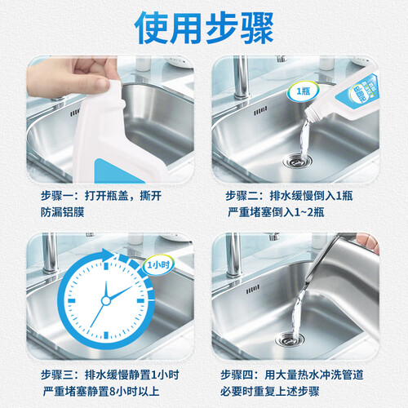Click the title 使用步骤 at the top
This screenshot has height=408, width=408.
(x=204, y=28)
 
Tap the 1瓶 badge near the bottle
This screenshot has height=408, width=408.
(x=303, y=91)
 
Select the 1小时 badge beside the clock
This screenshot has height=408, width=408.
(x=158, y=264)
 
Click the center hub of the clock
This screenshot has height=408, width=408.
(x=106, y=300)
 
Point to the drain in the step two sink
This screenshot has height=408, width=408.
(x=297, y=161)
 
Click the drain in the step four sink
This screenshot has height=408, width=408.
(x=290, y=339)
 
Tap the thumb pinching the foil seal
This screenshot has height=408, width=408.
(x=95, y=84)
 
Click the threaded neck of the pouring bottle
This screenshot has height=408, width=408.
(x=313, y=113)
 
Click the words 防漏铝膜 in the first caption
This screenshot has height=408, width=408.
(x=63, y=212)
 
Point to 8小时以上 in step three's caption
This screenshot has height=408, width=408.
(x=134, y=392)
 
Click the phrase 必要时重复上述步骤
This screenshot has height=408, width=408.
(x=269, y=392)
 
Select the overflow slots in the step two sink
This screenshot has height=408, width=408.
(x=260, y=112)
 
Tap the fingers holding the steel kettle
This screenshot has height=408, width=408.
(x=368, y=242)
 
